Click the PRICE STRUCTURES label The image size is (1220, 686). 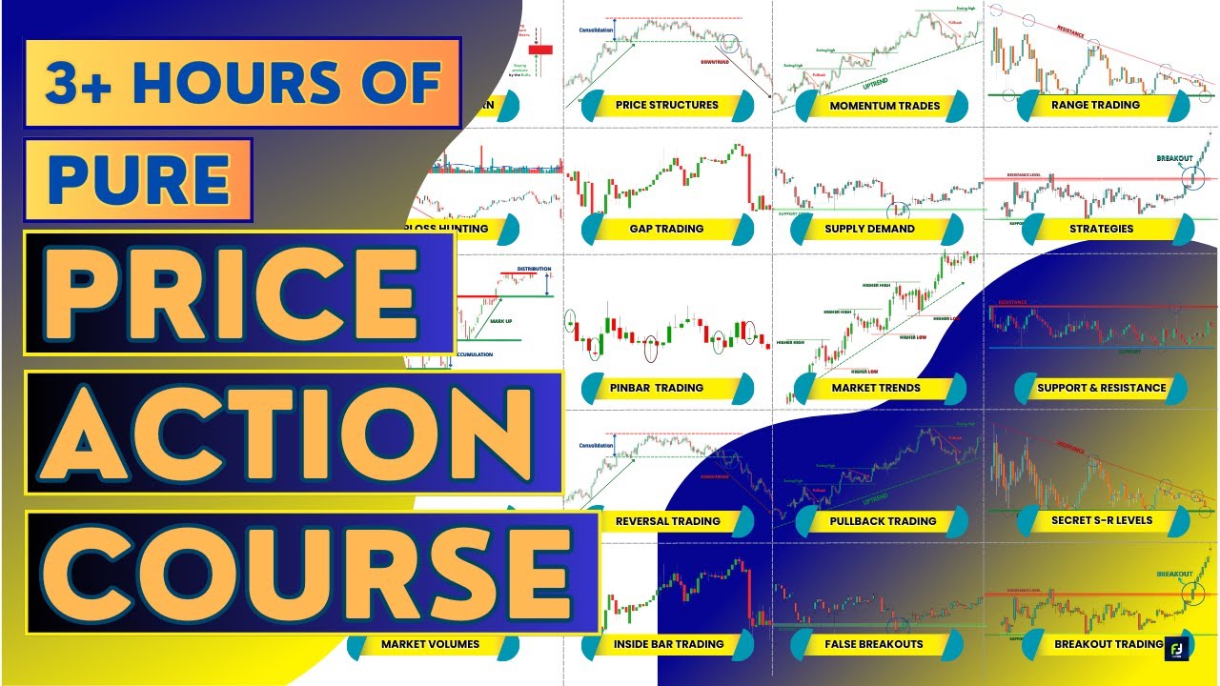[666, 105]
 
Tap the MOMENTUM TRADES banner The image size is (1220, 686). [883, 106]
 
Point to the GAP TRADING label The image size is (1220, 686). [666, 229]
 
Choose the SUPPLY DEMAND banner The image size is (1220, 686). [869, 229]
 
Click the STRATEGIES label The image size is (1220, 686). [1101, 229]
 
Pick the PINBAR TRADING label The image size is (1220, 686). [656, 388]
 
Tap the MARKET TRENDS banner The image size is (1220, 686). [876, 388]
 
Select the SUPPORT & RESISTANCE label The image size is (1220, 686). [1102, 388]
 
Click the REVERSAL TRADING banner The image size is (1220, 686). [667, 521]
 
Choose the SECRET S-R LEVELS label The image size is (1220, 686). [1101, 520]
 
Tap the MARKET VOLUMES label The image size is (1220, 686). [430, 644]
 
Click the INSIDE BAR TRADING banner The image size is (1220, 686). [669, 644]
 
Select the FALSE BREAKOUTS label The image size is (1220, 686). [873, 644]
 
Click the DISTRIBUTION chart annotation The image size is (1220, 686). [534, 269]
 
